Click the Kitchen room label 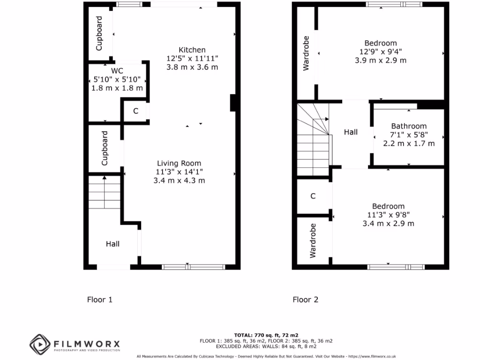tap(192, 50)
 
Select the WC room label tap(111, 71)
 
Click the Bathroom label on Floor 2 tap(409, 126)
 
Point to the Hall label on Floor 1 tap(112, 244)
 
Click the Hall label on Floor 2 tap(351, 132)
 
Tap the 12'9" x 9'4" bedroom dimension tap(381, 52)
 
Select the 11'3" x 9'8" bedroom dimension tap(388, 215)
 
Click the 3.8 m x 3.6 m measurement tap(192, 67)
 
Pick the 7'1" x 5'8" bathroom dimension tap(409, 135)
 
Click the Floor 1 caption tap(100, 300)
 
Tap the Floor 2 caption tap(306, 300)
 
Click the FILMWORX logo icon tap(39, 345)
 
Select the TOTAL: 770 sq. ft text tap(266, 335)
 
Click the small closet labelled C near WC tap(136, 112)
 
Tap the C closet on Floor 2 tap(313, 196)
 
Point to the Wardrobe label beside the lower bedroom tap(313, 240)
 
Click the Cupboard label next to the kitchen tap(99, 34)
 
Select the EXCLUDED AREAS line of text tap(266, 346)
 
